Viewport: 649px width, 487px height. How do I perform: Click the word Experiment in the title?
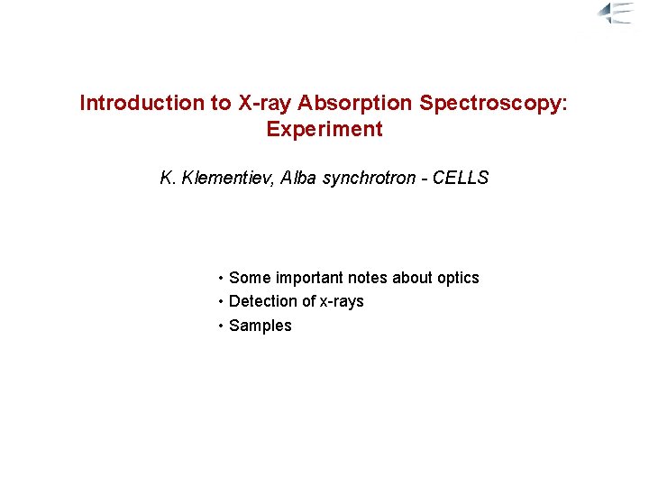[324, 129]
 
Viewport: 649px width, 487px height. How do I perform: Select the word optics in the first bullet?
[457, 278]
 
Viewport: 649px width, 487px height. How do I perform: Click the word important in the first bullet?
[307, 278]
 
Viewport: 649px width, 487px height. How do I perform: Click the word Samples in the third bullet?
[261, 326]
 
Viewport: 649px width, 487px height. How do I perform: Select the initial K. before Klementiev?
[168, 178]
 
